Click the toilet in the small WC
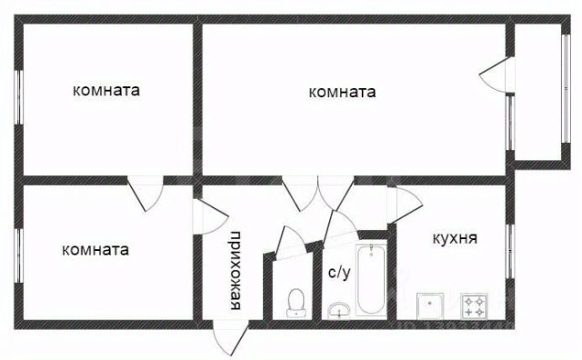tap(296, 303)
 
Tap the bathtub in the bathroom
tap(371, 279)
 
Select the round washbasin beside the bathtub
tap(338, 311)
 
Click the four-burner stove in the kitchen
tap(474, 306)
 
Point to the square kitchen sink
tap(430, 306)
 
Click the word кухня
tap(455, 238)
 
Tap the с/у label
tap(339, 273)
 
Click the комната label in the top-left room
tap(106, 90)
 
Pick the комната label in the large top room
tap(342, 92)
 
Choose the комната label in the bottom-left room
tap(95, 249)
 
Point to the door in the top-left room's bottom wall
tap(145, 194)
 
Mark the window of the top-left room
tap(18, 96)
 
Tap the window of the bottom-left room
tap(18, 255)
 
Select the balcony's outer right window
tap(566, 88)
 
